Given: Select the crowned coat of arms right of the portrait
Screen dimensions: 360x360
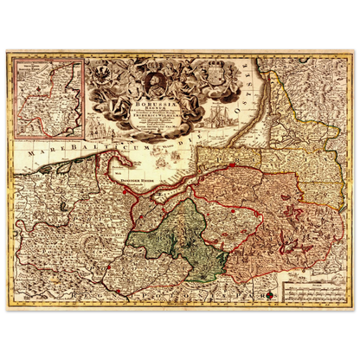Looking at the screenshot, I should point(207,80).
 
